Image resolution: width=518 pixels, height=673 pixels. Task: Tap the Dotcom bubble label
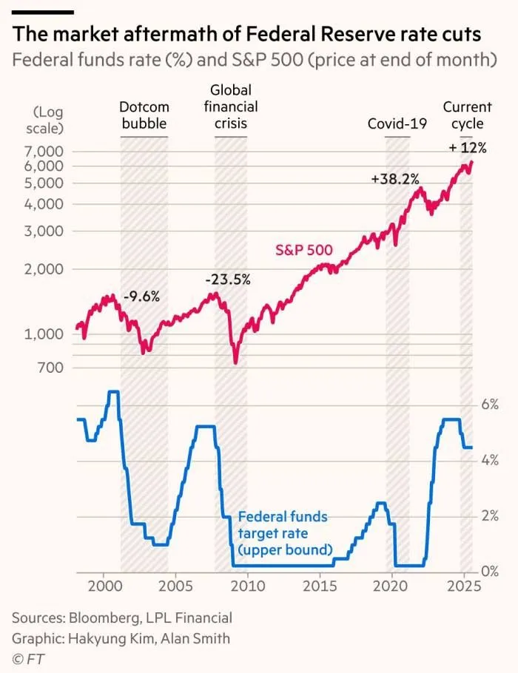tap(144, 116)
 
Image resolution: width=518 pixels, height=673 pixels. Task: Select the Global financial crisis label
tap(230, 106)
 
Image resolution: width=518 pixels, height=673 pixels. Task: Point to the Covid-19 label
tap(397, 124)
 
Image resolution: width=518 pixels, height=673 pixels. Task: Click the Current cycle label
tap(467, 116)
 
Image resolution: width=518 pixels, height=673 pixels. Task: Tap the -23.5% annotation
tap(228, 280)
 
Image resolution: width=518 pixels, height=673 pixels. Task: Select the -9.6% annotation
tap(141, 297)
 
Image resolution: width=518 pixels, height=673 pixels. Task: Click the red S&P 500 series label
tap(303, 251)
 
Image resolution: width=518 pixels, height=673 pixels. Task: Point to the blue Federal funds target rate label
tap(285, 532)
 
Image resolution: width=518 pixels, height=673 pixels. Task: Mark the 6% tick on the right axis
tap(491, 405)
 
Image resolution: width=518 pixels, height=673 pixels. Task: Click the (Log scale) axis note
tap(48, 120)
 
